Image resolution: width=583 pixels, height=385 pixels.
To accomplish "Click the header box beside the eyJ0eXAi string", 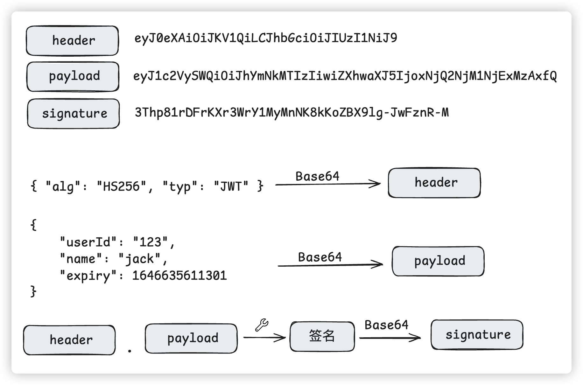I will pos(73,41).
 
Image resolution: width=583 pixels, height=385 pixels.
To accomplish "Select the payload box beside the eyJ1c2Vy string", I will pos(73,76).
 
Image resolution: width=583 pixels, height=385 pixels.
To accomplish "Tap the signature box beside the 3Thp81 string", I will pos(74,114).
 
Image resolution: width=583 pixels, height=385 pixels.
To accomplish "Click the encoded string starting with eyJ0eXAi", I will pos(266,38).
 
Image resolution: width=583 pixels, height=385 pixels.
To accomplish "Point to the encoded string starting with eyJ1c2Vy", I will pos(345,76).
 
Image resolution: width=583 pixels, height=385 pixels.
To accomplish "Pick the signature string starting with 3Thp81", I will pos(291,113).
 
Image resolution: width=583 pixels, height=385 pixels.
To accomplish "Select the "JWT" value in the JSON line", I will pos(231,186).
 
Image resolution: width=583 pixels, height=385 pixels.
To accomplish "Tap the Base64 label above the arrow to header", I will pos(317,176).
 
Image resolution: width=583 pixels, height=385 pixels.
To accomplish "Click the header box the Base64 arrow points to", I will pos(434,183).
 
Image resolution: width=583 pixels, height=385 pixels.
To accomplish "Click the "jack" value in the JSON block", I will pos(140,259).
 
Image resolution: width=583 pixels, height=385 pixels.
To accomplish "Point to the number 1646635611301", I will pos(179,276).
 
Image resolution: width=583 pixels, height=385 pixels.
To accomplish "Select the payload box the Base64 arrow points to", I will pos(438,261).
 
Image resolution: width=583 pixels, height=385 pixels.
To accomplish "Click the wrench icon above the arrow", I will pos(262,325).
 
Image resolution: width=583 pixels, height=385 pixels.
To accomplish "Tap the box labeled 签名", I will pos(322,336).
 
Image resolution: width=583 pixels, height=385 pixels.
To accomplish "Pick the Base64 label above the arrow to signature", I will pos(386,325).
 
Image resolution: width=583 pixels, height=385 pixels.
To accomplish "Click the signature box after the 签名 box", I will pos(477,335).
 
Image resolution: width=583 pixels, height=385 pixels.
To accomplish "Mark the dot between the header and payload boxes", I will pos(130,351).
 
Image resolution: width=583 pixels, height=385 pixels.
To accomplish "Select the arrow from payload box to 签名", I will pos(264,337).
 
